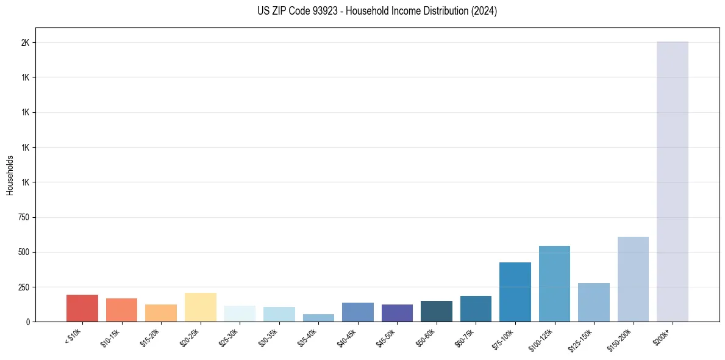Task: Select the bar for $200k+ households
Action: click(x=672, y=183)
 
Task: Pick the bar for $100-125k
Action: click(x=554, y=284)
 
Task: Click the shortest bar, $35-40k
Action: click(x=318, y=318)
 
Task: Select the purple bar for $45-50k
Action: click(x=397, y=313)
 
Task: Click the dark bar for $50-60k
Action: click(x=437, y=311)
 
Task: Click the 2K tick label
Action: click(x=25, y=43)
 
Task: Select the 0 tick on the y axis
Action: click(x=28, y=322)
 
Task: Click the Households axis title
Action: click(x=10, y=175)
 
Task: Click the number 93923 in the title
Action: click(x=324, y=11)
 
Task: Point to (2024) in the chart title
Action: click(x=484, y=11)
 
